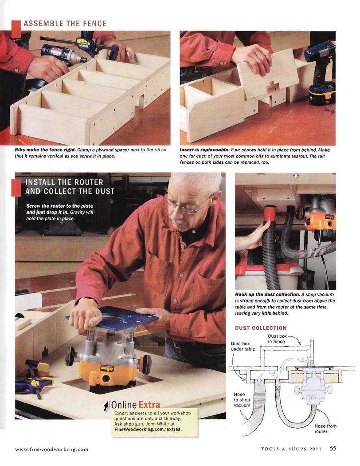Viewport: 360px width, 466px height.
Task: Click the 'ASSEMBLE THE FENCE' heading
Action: point(65,24)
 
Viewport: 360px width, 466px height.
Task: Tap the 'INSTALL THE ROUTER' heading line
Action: point(64,182)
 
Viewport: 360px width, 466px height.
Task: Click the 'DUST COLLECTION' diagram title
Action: point(261,328)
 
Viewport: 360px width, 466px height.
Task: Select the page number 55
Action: point(333,448)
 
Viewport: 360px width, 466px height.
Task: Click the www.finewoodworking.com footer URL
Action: point(51,449)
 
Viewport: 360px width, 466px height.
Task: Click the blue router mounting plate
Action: point(113,317)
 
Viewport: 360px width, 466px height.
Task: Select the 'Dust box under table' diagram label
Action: point(243,346)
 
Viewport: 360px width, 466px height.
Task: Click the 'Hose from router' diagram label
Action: point(325,429)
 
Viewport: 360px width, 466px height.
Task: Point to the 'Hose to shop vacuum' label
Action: point(242,400)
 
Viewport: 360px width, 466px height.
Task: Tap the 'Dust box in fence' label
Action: point(277,339)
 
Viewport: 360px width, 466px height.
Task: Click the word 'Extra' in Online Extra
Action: point(149,405)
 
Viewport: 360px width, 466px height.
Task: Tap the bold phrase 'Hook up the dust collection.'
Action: point(267,295)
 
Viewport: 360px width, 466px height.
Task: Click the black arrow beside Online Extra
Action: point(106,406)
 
